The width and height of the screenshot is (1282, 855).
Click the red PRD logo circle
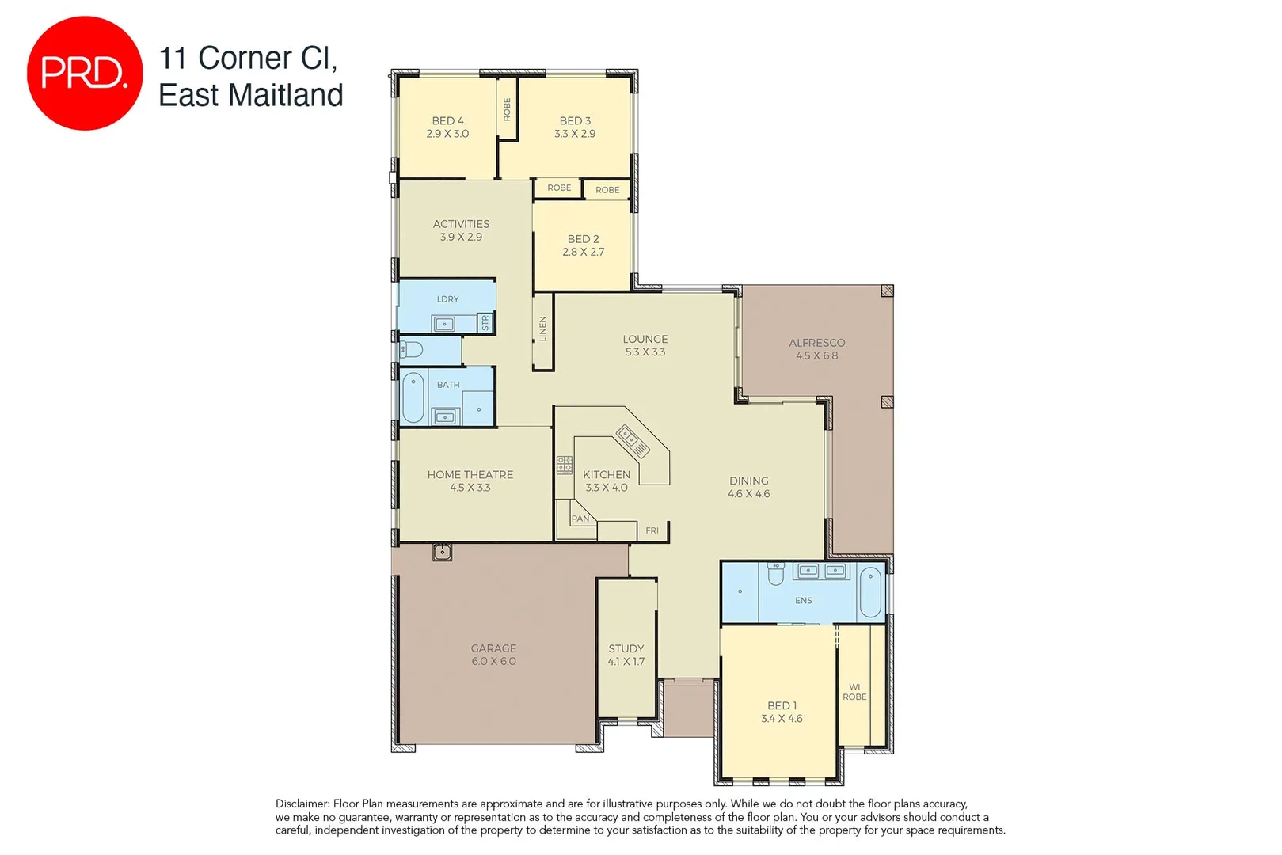85,73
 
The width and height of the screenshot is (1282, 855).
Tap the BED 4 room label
447,121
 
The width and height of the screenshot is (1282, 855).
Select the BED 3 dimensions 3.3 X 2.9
575,134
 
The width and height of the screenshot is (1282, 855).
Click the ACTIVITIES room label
461,224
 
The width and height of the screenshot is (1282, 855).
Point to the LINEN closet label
543,329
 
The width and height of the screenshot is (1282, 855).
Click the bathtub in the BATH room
413,397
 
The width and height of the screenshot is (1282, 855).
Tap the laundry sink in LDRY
443,323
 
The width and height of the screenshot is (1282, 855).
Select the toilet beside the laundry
410,349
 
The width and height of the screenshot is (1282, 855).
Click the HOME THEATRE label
470,475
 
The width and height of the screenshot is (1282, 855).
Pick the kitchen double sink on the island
633,441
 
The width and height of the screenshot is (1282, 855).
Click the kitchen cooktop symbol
565,465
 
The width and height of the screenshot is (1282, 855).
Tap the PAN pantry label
580,519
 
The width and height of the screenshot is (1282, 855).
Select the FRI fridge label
652,530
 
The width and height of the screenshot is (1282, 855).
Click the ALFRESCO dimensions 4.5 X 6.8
816,356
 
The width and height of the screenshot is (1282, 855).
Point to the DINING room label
748,481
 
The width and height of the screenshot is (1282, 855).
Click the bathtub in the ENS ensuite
870,591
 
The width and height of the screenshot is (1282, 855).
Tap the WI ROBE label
854,692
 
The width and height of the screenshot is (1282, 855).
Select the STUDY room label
626,648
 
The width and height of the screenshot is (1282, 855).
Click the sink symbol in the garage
442,552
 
